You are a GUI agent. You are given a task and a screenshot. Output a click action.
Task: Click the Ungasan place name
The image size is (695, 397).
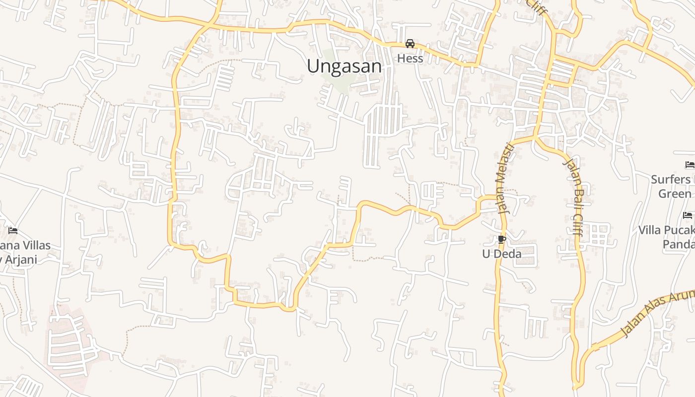tap(344, 66)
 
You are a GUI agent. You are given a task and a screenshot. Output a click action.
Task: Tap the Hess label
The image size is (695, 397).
tap(410, 59)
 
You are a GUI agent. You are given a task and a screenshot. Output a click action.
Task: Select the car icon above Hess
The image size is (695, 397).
tap(410, 44)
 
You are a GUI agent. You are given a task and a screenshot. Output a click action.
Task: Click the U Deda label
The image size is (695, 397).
tap(502, 254)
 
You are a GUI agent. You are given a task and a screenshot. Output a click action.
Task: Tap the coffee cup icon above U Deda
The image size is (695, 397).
tap(501, 240)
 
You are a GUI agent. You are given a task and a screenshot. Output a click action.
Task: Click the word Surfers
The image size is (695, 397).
tap(671, 179)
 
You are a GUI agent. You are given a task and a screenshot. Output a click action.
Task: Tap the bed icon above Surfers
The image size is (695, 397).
tap(689, 165)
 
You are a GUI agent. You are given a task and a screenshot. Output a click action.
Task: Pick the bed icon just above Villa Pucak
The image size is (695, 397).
tap(688, 215)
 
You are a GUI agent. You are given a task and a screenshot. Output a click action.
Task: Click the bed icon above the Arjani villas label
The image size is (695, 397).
tap(13, 231)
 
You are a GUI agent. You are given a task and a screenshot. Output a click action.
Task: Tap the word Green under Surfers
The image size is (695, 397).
tap(675, 194)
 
